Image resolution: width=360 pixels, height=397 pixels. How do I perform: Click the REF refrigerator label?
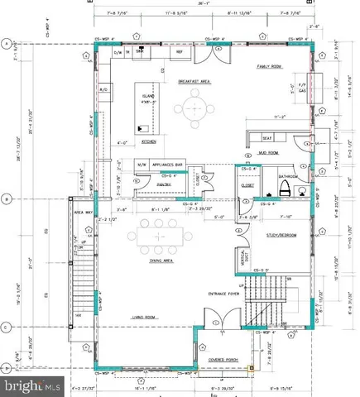pos(177,52)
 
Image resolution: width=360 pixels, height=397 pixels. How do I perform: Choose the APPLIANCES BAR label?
pos(169,164)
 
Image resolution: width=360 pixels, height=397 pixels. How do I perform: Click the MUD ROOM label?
pos(269,152)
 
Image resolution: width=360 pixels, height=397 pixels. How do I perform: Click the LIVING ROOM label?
pos(144,315)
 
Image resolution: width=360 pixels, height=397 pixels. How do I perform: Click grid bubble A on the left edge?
pos(6,43)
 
